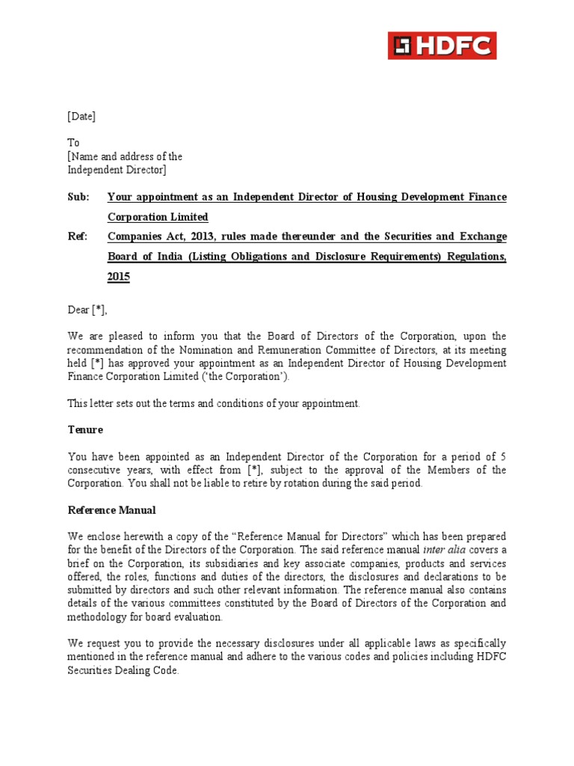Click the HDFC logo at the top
tap(442, 46)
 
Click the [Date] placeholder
tap(81, 116)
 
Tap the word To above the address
tap(73, 142)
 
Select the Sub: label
tap(78, 197)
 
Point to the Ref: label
tap(77, 237)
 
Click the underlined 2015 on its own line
tap(118, 277)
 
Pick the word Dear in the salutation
tap(78, 310)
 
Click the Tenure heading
tap(85, 430)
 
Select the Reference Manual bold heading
tap(111, 510)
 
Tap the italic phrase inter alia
tap(443, 550)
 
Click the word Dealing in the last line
tap(138, 670)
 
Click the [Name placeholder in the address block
tap(84, 156)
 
